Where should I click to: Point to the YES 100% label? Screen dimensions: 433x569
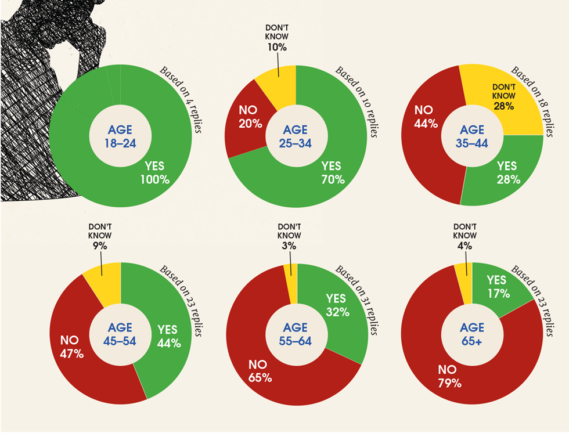154,173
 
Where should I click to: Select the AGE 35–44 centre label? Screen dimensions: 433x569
473,136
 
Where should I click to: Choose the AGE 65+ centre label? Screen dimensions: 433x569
471,334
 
